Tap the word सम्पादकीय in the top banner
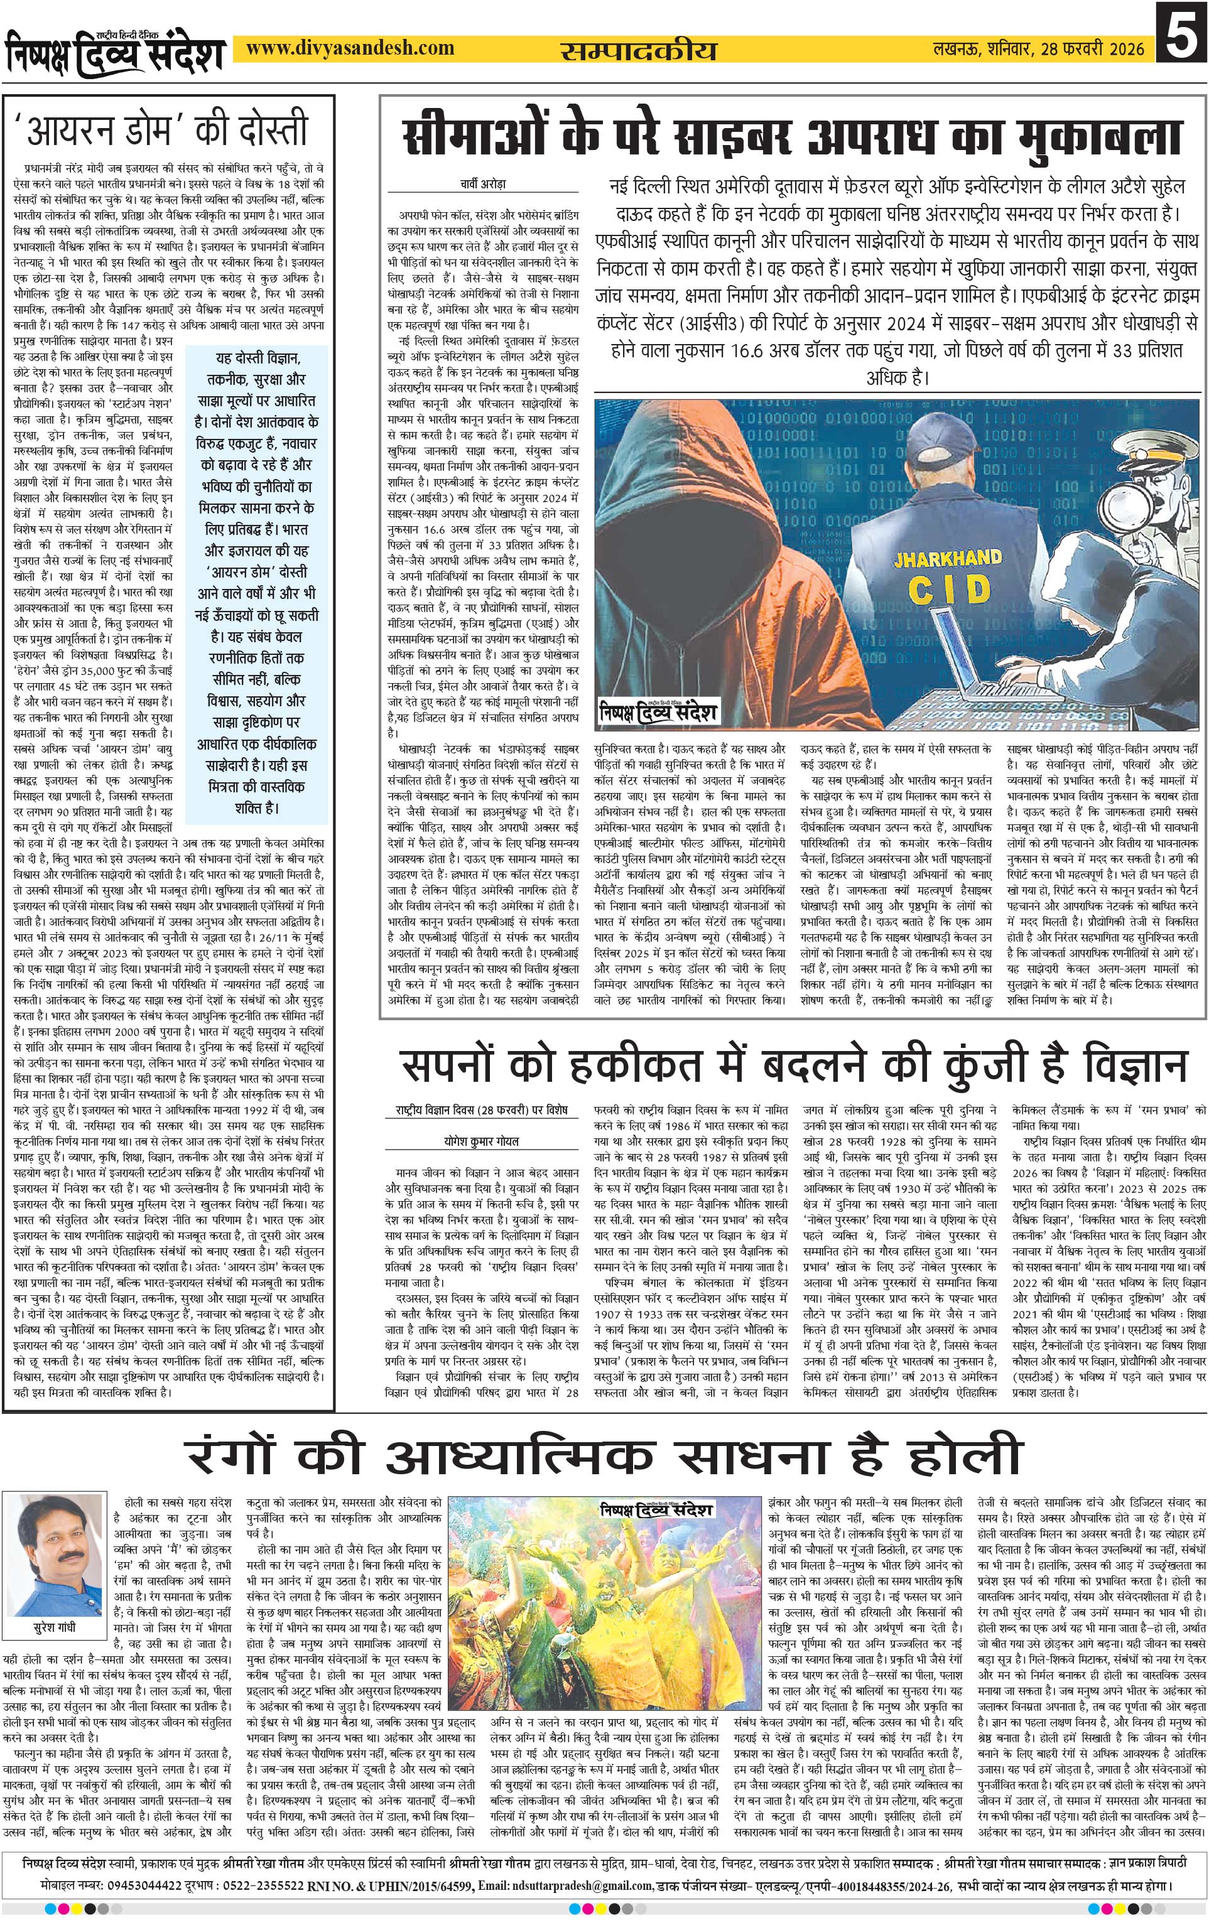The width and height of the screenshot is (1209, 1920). tap(639, 50)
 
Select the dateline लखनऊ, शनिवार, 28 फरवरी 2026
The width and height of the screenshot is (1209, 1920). tap(1039, 50)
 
